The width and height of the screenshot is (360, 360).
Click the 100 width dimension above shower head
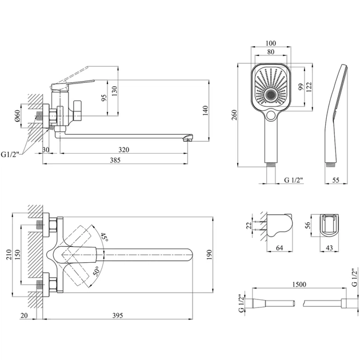click(271, 43)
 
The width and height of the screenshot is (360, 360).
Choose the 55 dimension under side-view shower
click(337, 180)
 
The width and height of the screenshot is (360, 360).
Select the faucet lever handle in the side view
click(71, 83)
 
